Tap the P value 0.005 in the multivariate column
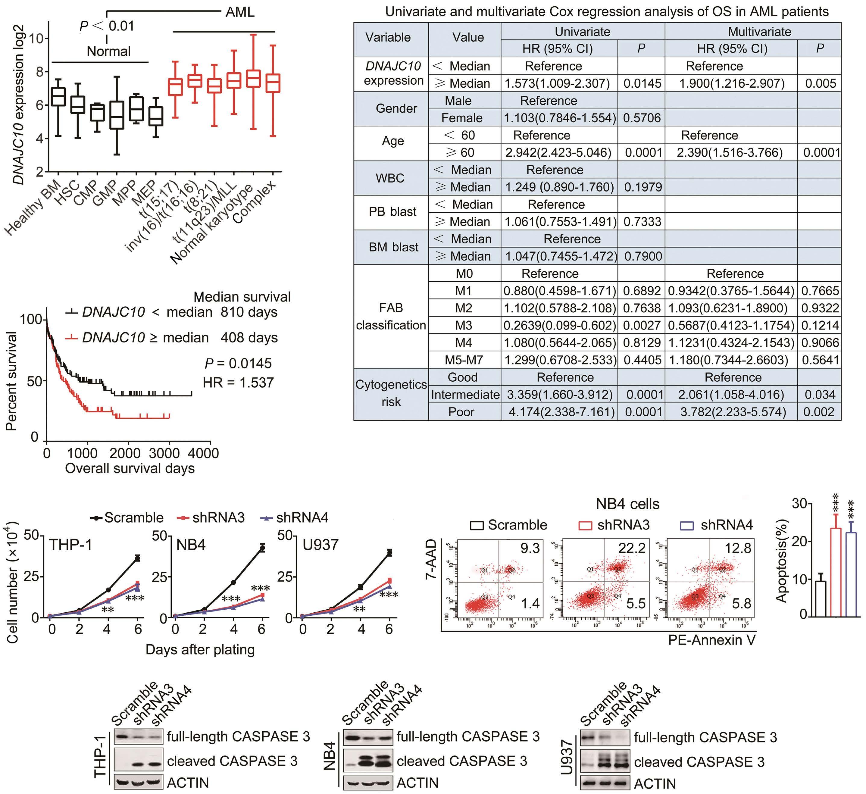pyautogui.click(x=821, y=83)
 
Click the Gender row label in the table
pyautogui.click(x=396, y=109)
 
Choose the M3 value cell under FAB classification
pyautogui.click(x=464, y=326)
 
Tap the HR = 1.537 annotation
pyautogui.click(x=238, y=383)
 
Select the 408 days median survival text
pyautogui.click(x=249, y=338)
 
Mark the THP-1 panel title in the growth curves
pyautogui.click(x=70, y=545)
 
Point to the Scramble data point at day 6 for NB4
pyautogui.click(x=262, y=548)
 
